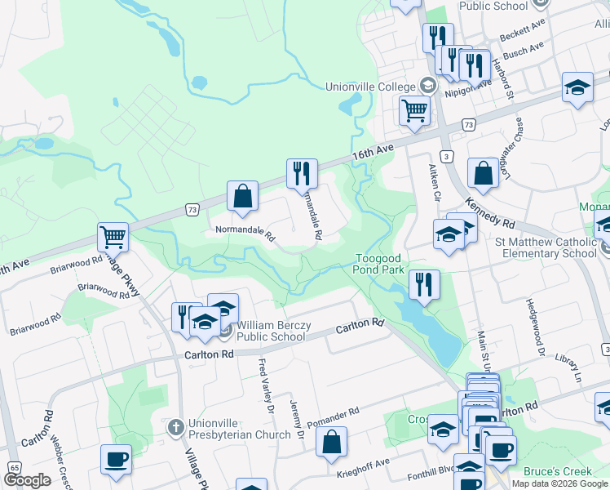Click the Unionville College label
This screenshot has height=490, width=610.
coord(370,87)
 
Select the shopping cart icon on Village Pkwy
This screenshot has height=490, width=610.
coord(113,237)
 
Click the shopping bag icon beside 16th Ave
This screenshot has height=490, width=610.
coord(242,196)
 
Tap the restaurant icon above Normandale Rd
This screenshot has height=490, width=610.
coord(302,173)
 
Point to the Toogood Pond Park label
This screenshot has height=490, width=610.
coord(379,263)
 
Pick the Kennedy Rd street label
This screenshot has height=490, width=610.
coord(491,212)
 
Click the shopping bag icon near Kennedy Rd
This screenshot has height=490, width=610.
coord(483,172)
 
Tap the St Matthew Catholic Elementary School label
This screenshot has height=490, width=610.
coord(546,247)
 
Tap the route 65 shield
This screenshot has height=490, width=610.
coord(15,467)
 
